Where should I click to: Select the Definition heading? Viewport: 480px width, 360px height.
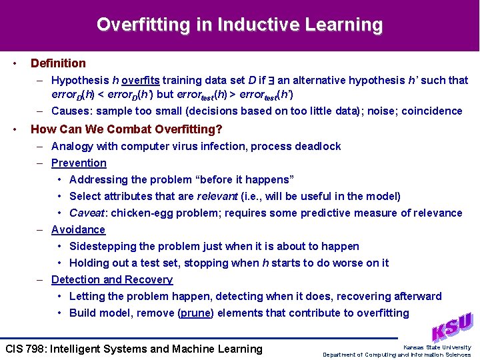(58, 63)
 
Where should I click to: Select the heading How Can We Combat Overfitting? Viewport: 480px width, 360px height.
(127, 129)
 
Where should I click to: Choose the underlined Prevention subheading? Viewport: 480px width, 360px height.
(79, 163)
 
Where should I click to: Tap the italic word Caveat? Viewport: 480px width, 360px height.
(87, 213)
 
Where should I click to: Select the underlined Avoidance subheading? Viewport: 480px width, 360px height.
(78, 229)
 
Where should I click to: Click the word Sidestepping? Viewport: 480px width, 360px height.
(102, 246)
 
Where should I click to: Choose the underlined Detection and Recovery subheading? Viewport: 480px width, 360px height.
(112, 279)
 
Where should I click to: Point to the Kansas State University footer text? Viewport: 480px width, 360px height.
(437, 347)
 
